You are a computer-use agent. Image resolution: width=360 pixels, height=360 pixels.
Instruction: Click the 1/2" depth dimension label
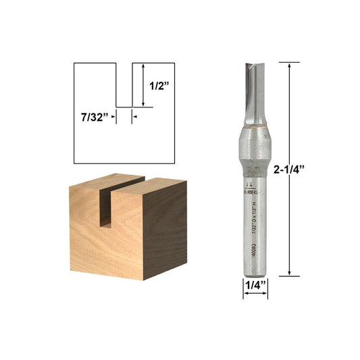tap(157, 86)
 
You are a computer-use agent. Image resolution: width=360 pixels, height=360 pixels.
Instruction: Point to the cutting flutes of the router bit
tap(255, 91)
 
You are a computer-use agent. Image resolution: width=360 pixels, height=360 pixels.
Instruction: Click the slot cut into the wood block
tap(105, 203)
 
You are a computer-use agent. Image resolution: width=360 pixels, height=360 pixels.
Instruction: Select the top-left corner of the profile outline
tap(74, 63)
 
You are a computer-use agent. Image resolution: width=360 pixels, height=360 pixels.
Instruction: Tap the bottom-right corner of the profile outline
tap(174, 163)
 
